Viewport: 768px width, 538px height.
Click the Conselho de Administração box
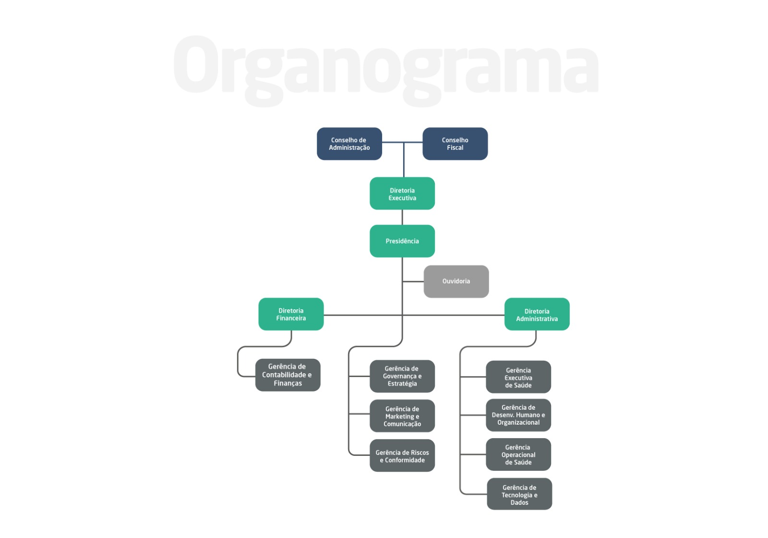(x=349, y=144)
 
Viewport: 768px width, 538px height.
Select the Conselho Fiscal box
(x=455, y=144)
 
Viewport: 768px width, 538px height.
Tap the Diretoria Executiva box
(x=402, y=194)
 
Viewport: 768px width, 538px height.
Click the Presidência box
(x=402, y=241)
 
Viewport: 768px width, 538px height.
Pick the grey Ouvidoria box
(x=456, y=281)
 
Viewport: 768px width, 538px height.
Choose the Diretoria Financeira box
(x=291, y=314)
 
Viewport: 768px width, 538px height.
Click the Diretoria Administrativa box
(x=537, y=314)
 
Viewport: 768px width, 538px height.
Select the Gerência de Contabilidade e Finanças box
(x=288, y=375)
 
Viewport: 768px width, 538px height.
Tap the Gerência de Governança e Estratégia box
(x=402, y=377)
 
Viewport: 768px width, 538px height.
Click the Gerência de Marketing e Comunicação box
(x=402, y=416)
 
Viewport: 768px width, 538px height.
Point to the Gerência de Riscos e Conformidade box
(x=402, y=456)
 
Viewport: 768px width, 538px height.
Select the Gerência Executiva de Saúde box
(x=518, y=377)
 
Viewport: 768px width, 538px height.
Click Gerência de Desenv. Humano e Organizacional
(x=518, y=415)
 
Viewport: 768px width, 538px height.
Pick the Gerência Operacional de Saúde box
(x=518, y=454)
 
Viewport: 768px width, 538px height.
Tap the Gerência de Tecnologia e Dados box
(x=519, y=494)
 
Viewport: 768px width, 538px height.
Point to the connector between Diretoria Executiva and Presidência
(x=402, y=217)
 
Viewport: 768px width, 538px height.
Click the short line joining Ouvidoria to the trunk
(x=413, y=281)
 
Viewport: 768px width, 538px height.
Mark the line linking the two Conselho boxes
(x=402, y=142)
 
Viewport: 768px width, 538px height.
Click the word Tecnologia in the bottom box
(x=516, y=495)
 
